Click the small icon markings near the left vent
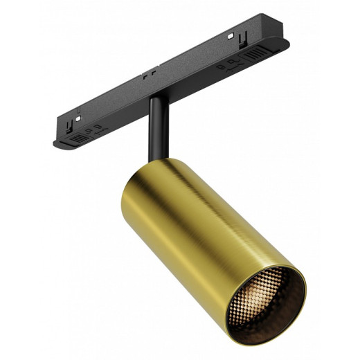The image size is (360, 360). (95, 129)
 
